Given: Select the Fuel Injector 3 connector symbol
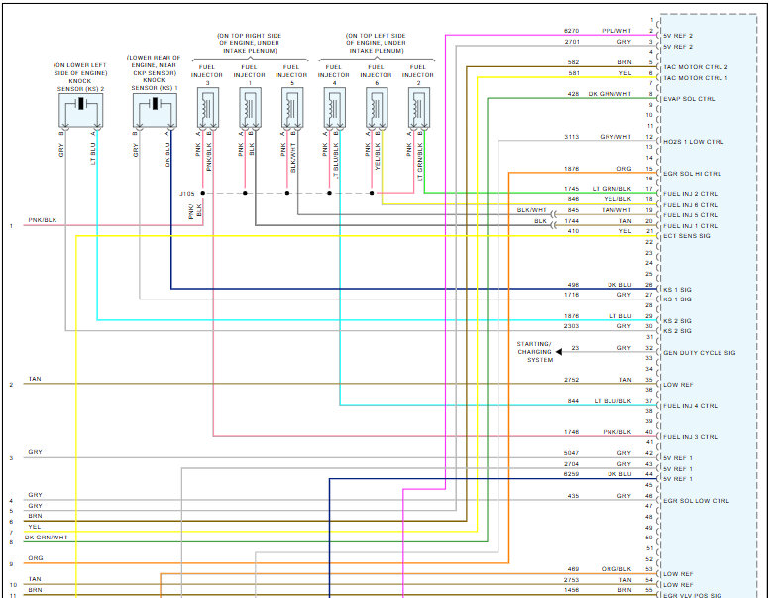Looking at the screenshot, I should tap(208, 106).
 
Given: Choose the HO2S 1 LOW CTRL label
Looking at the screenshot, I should tap(694, 142).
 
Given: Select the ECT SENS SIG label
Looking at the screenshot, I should tap(687, 236).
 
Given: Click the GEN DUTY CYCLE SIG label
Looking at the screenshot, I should tap(699, 353).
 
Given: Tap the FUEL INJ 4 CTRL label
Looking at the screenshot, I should tap(690, 405).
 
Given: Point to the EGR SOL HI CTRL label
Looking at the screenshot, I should tap(692, 174).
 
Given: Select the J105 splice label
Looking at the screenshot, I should tap(187, 194).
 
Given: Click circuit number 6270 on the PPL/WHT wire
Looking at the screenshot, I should tap(571, 31).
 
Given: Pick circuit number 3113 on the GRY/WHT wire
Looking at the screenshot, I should tap(571, 137).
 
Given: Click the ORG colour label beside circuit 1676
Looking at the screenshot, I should tap(623, 169).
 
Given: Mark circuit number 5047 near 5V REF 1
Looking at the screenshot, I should tap(571, 453).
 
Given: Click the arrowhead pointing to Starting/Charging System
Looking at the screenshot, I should tap(559, 350).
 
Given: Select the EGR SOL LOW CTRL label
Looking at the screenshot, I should tap(696, 501).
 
